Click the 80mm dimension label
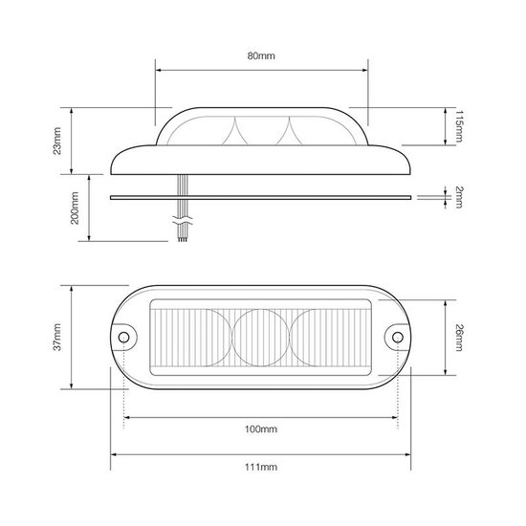pyautogui.click(x=261, y=55)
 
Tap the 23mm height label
pyautogui.click(x=57, y=141)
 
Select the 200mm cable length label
pyautogui.click(x=75, y=208)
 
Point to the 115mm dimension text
pyautogui.click(x=458, y=126)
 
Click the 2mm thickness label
pyautogui.click(x=458, y=197)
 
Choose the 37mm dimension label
pyautogui.click(x=57, y=338)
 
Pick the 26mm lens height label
pyautogui.click(x=458, y=338)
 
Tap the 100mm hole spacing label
pyautogui.click(x=261, y=429)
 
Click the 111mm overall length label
pyautogui.click(x=261, y=467)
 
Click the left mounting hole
pyautogui.click(x=123, y=337)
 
